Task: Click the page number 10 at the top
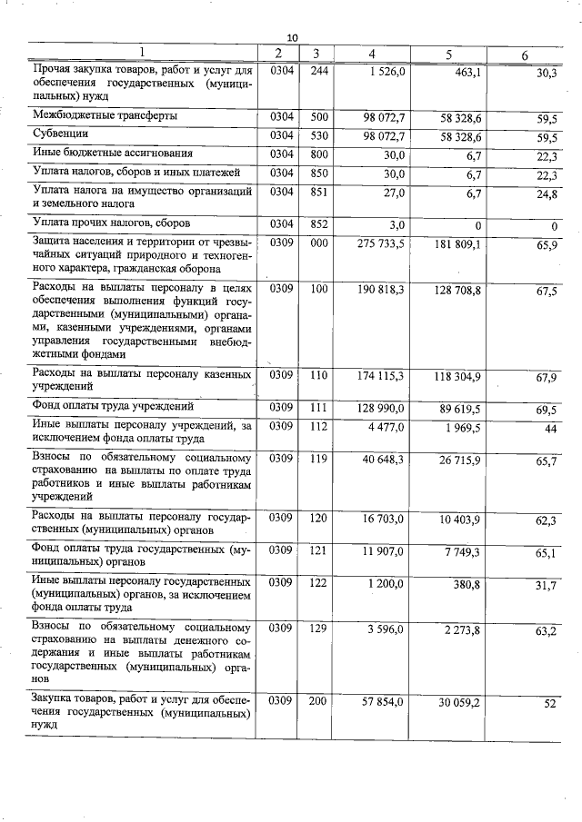pyautogui.click(x=292, y=37)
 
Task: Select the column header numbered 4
pyautogui.click(x=373, y=54)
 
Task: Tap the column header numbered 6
pyautogui.click(x=525, y=56)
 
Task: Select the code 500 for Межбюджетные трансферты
pyautogui.click(x=318, y=116)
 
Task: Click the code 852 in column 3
pyautogui.click(x=318, y=223)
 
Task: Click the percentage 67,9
pyautogui.click(x=547, y=378)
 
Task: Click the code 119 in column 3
pyautogui.click(x=317, y=460)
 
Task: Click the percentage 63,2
pyautogui.click(x=547, y=630)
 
